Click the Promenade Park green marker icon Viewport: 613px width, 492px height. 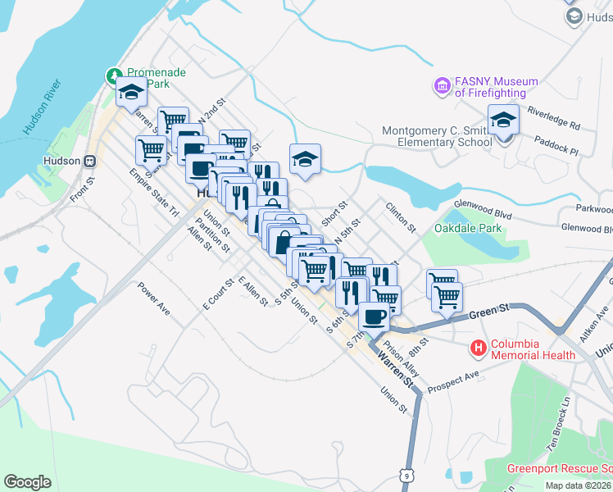(x=114, y=77)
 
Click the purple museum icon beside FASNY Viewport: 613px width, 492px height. (x=443, y=85)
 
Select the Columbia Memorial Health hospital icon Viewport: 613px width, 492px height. (x=479, y=348)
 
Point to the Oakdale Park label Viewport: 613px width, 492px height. (x=468, y=228)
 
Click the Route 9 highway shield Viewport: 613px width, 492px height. (x=406, y=475)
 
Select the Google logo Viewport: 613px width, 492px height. (x=27, y=481)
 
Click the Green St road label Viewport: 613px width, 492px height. (x=488, y=308)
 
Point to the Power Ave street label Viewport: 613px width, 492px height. (x=153, y=299)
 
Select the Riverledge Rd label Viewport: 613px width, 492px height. (x=553, y=118)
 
